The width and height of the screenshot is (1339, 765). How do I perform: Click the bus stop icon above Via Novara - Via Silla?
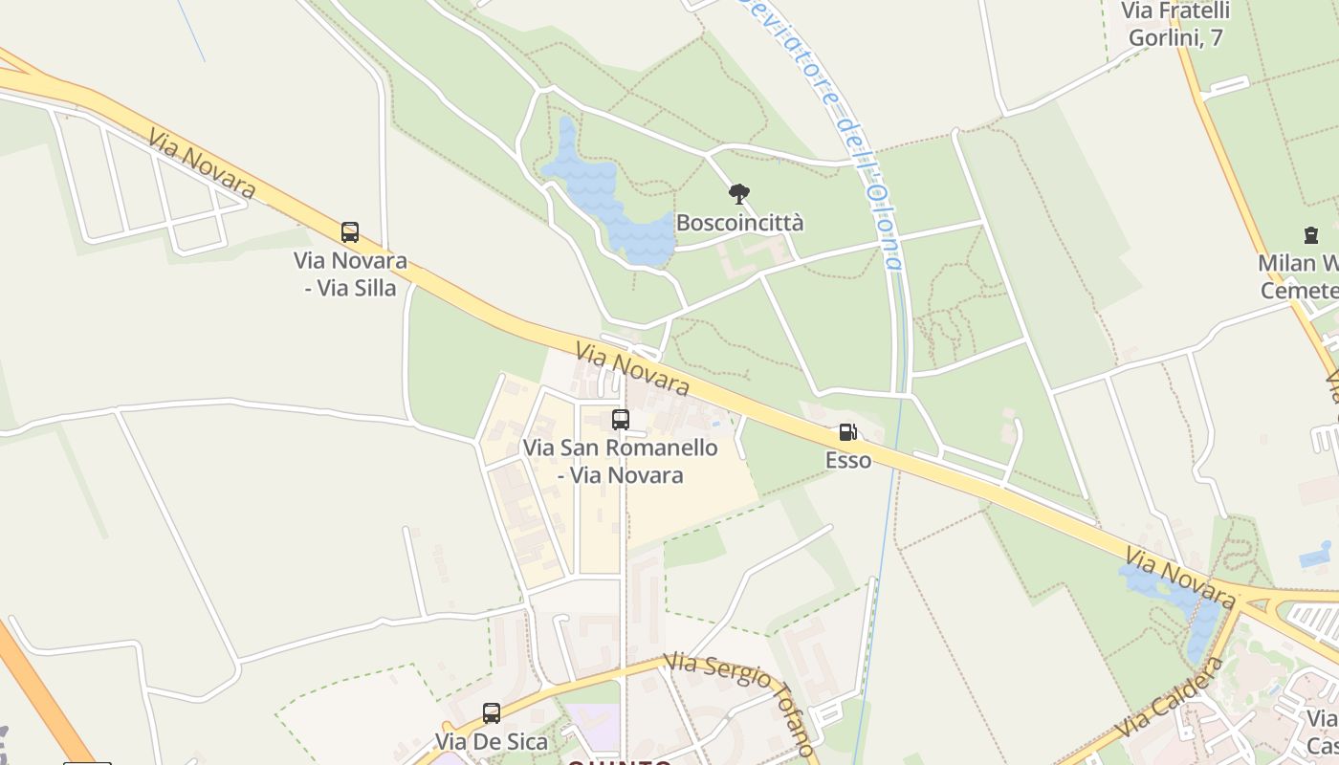[350, 231]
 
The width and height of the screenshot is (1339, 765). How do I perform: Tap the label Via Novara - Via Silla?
[350, 273]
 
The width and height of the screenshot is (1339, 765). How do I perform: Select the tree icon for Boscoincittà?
[738, 194]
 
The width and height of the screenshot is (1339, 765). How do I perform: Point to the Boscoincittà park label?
[739, 223]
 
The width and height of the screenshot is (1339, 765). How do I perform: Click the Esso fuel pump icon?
[847, 432]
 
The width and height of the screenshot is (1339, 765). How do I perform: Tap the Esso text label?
[848, 460]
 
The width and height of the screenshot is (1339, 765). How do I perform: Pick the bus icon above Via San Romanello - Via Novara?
[621, 419]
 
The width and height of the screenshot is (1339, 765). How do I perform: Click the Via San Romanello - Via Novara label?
[620, 461]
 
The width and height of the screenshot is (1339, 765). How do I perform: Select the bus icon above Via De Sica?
[492, 712]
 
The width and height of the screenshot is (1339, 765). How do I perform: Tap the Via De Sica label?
[492, 741]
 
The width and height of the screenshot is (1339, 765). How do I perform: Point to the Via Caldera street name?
[1171, 697]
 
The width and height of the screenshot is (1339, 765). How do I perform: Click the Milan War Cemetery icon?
[1310, 234]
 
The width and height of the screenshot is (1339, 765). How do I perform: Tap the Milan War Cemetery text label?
[1301, 276]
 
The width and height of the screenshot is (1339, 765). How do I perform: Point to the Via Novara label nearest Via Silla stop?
[202, 163]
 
